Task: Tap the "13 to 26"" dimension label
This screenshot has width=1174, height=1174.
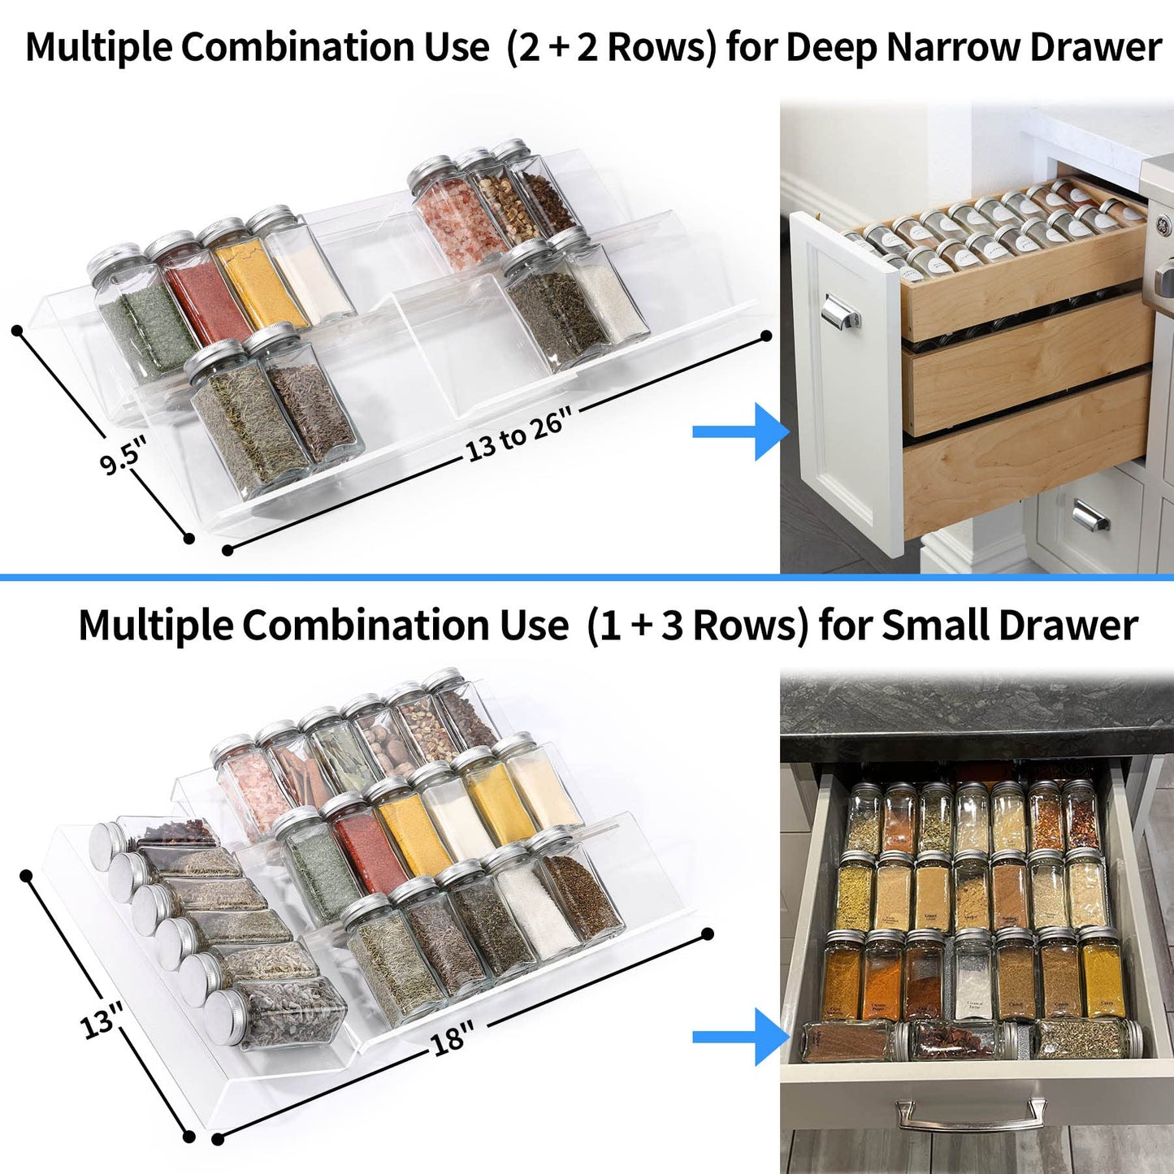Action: pos(518,435)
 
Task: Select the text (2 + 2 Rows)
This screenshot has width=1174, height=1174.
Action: pos(611,47)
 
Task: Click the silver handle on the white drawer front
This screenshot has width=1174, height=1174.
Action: pos(839,311)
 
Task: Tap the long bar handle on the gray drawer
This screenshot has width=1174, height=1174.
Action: pos(970,1115)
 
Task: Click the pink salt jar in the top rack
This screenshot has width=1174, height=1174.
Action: pos(448,215)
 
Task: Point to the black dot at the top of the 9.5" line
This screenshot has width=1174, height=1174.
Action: pos(17,330)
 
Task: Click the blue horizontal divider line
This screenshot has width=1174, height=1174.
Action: pos(587,578)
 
